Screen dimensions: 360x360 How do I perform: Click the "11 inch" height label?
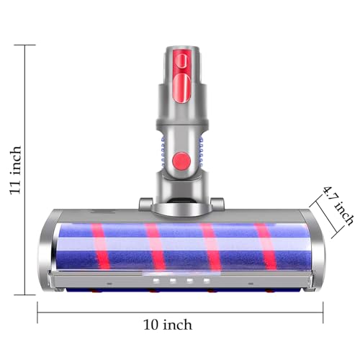(16, 170)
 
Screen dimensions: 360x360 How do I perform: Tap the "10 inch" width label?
(168, 325)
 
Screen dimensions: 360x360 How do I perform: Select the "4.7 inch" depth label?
(338, 205)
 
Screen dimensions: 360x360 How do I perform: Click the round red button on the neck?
(181, 160)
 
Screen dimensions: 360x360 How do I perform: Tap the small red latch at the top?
(183, 60)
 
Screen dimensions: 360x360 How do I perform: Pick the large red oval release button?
(182, 88)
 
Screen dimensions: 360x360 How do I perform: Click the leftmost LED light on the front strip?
(156, 280)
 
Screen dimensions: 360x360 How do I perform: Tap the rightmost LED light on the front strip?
(207, 280)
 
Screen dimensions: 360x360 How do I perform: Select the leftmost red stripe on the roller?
(100, 246)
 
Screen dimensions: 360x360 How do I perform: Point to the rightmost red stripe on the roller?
(266, 246)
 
